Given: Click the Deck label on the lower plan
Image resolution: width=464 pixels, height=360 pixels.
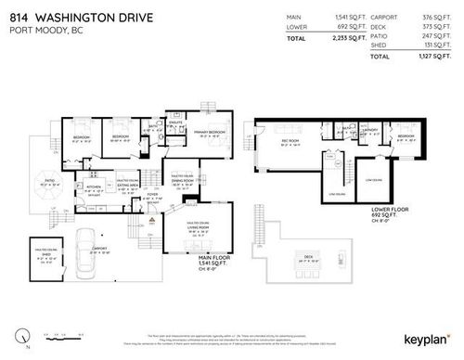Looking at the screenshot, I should click(308, 255).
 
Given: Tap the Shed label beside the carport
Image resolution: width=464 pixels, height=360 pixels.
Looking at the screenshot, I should click(45, 252).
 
